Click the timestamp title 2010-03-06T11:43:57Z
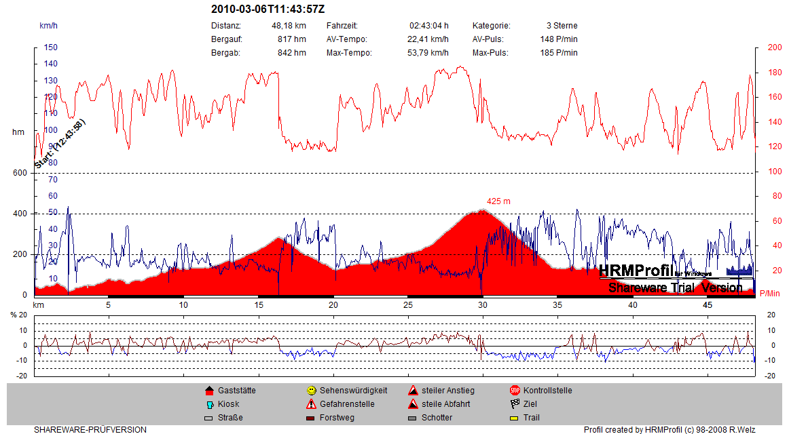pos(268,9)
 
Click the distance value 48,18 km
pos(289,26)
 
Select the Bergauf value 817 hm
pos(292,39)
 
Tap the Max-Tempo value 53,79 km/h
pos(426,53)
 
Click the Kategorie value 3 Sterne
pos(562,26)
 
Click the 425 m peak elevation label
pos(498,201)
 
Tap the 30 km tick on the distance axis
pos(482,306)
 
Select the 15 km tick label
pos(258,306)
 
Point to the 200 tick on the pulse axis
pos(775,47)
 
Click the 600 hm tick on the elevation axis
pos(19,173)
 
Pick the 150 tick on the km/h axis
pos(51,47)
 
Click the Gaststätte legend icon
pos(209,391)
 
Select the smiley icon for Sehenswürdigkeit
pos(311,391)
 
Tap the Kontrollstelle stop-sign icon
pos(515,391)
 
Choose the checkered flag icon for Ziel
pos(515,404)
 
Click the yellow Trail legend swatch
pos(515,418)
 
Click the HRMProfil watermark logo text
pos(636,270)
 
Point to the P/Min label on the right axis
pos(770,293)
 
